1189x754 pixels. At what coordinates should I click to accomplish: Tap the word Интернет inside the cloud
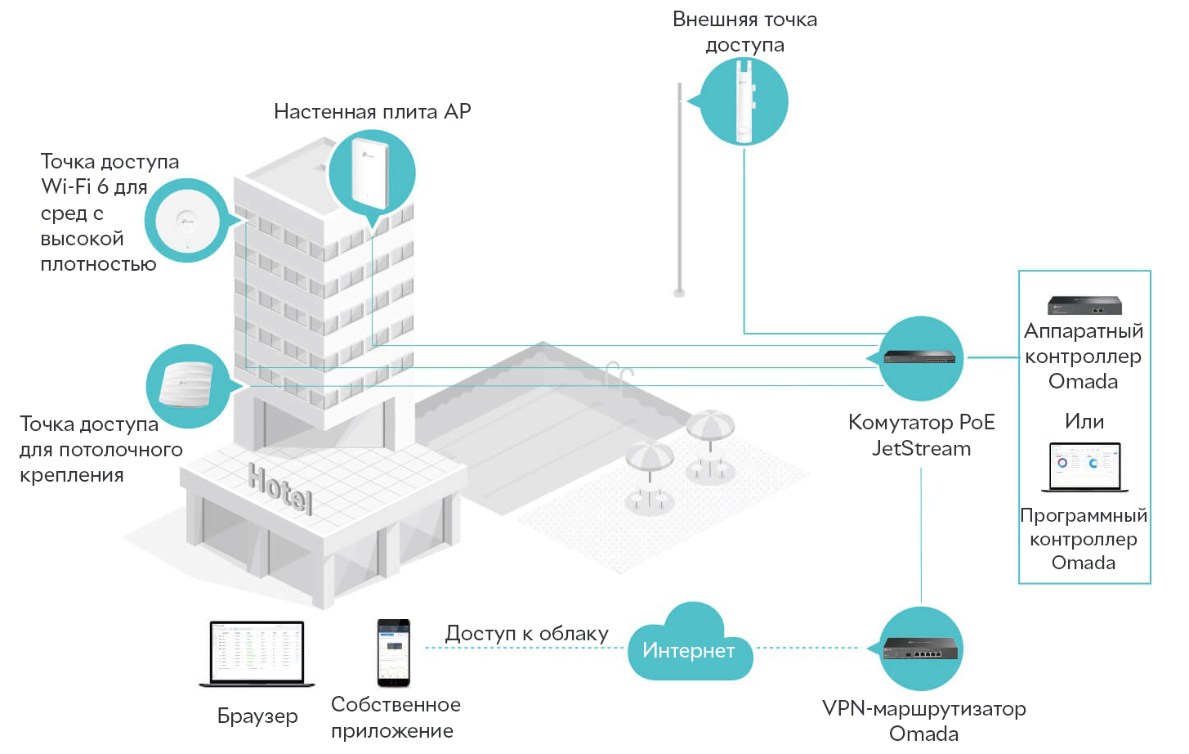688,650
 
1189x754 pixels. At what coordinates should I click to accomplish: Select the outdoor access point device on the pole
744,101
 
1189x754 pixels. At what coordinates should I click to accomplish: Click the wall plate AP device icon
370,173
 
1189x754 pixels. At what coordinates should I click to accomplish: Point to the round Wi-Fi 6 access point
186,221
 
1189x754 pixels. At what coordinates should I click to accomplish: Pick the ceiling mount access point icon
186,384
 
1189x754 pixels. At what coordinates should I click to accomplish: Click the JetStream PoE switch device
919,357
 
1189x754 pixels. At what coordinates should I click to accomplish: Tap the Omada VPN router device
920,649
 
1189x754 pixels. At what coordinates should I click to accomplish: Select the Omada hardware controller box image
1084,305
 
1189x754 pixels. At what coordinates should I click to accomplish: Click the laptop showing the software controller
1084,467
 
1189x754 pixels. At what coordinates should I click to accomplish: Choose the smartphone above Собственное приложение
393,653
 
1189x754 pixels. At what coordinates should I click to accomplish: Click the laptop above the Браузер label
257,654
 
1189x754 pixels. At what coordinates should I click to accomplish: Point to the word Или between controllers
1084,421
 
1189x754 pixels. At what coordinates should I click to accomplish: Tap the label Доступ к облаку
526,634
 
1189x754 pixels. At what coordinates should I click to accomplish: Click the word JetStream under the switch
922,448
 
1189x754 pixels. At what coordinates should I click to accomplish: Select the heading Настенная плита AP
372,111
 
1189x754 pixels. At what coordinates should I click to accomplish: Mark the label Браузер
257,716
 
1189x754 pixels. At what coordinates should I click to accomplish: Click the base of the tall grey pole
679,292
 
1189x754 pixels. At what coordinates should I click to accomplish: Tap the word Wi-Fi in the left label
66,186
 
